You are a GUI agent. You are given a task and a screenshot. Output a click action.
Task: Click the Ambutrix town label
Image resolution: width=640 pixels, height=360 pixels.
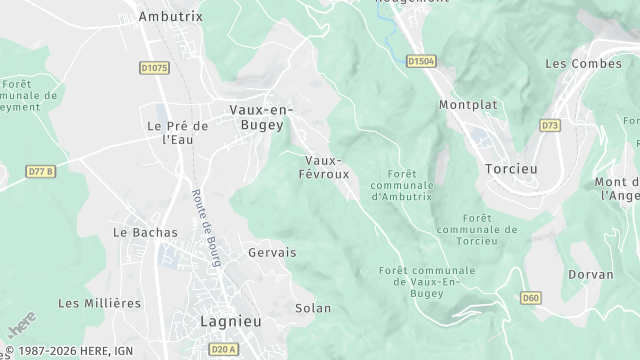point(170,17)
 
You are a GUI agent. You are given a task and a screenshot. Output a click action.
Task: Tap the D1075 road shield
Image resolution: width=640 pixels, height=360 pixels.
point(153,67)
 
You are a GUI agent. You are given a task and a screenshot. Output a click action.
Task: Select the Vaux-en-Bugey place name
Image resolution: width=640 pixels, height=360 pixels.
point(257,118)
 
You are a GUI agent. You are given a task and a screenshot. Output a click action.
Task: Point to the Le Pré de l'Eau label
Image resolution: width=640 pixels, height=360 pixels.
point(177,133)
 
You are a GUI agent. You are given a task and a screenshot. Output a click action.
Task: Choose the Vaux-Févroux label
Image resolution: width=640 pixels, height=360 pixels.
point(323,166)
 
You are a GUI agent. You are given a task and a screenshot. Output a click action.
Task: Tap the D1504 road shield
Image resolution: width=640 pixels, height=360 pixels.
point(422,61)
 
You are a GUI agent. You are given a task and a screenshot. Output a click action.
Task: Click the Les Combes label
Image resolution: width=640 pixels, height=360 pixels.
point(577,63)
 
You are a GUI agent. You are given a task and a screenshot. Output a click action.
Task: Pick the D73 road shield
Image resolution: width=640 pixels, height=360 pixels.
point(550,125)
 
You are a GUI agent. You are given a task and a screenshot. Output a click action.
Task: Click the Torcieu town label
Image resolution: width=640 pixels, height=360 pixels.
point(510,169)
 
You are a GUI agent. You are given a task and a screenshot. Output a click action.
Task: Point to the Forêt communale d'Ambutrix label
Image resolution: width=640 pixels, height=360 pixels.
point(402,185)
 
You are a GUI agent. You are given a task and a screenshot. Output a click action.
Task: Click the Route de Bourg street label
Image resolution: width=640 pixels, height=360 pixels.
point(205,228)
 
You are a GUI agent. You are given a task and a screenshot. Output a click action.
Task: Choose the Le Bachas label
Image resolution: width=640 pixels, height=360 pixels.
point(145,232)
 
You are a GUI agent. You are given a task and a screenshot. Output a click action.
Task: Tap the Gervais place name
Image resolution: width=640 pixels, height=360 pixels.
point(272,253)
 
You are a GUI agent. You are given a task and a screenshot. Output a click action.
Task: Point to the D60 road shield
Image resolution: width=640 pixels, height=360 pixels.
point(531,297)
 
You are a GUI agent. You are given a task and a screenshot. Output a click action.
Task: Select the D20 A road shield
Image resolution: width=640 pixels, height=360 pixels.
point(224,348)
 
